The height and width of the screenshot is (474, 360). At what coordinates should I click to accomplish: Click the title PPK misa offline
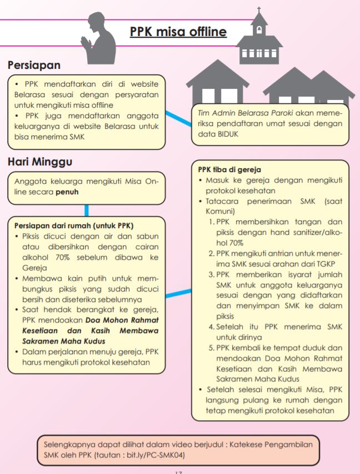(178, 32)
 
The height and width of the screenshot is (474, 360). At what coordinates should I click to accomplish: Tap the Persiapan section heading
(34, 65)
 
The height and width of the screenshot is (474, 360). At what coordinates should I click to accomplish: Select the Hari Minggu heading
(41, 162)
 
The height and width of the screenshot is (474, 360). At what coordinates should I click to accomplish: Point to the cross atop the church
(259, 11)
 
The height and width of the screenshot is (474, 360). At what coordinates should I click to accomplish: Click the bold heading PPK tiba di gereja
(229, 170)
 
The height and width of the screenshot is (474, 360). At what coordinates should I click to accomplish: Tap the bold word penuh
(67, 193)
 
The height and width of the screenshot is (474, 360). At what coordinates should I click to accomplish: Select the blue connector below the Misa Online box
(87, 210)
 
